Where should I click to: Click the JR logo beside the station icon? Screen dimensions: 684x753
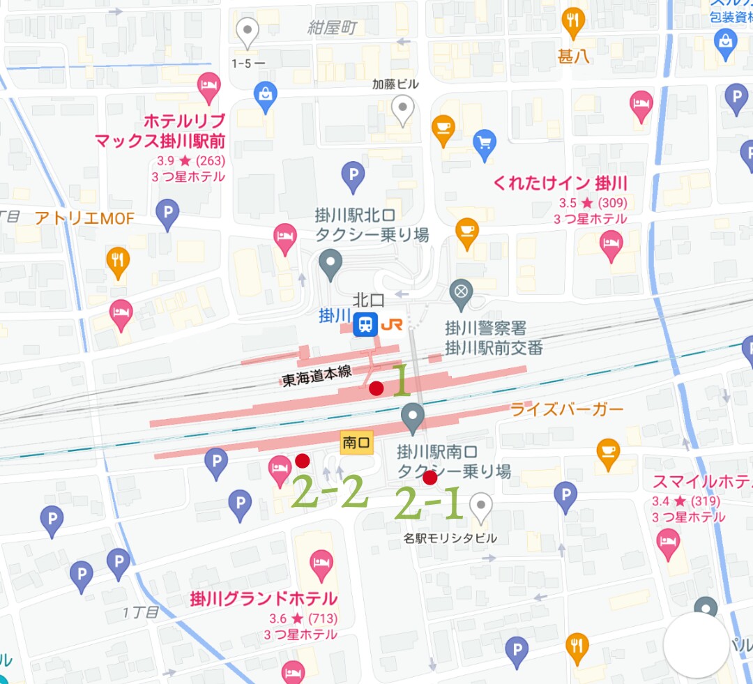coord(391,325)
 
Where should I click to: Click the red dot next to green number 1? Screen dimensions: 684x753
coord(376,388)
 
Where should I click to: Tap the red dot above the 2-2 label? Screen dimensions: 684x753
coord(302,460)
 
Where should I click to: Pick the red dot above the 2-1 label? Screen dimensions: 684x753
coord(429,478)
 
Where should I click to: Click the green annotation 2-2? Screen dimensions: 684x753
coord(328,494)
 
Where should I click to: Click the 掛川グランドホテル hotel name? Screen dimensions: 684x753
coord(264,599)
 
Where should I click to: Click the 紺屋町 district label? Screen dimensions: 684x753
coord(333,28)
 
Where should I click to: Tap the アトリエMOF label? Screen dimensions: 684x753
coord(84,219)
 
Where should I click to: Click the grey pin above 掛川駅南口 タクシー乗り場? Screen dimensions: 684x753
coord(413,419)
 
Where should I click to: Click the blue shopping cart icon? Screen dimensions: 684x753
coord(485,143)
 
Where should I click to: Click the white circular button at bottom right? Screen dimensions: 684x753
coord(696,646)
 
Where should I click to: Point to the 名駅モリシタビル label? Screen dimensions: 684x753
coord(450,539)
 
